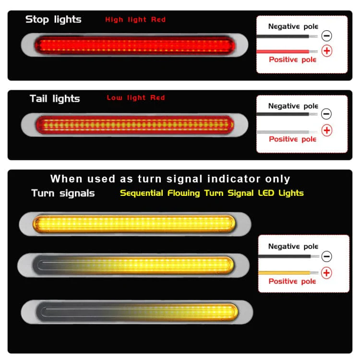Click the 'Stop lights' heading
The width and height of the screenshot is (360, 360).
tap(53, 20)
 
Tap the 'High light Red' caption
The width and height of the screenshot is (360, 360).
tap(135, 20)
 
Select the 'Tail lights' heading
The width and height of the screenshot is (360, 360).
tap(55, 99)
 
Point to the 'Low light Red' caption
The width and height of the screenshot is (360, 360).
tap(136, 98)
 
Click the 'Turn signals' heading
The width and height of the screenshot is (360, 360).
tap(63, 193)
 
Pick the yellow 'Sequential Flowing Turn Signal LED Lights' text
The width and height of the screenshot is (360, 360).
tap(212, 193)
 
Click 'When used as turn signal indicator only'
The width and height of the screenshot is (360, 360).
tap(170, 179)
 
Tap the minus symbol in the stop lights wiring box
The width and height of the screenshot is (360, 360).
tap(326, 36)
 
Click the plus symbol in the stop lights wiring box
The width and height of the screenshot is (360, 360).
tap(327, 51)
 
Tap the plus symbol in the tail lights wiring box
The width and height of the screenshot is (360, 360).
tap(327, 131)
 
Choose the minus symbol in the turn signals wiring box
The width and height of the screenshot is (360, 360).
tap(326, 256)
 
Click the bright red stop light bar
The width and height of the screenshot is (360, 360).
tap(134, 45)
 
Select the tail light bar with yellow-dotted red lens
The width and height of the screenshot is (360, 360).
tap(134, 125)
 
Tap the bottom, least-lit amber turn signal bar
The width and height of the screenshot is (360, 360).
tap(137, 312)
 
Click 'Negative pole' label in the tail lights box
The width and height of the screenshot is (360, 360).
tap(293, 106)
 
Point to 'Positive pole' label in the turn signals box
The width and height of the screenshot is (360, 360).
tap(292, 281)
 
